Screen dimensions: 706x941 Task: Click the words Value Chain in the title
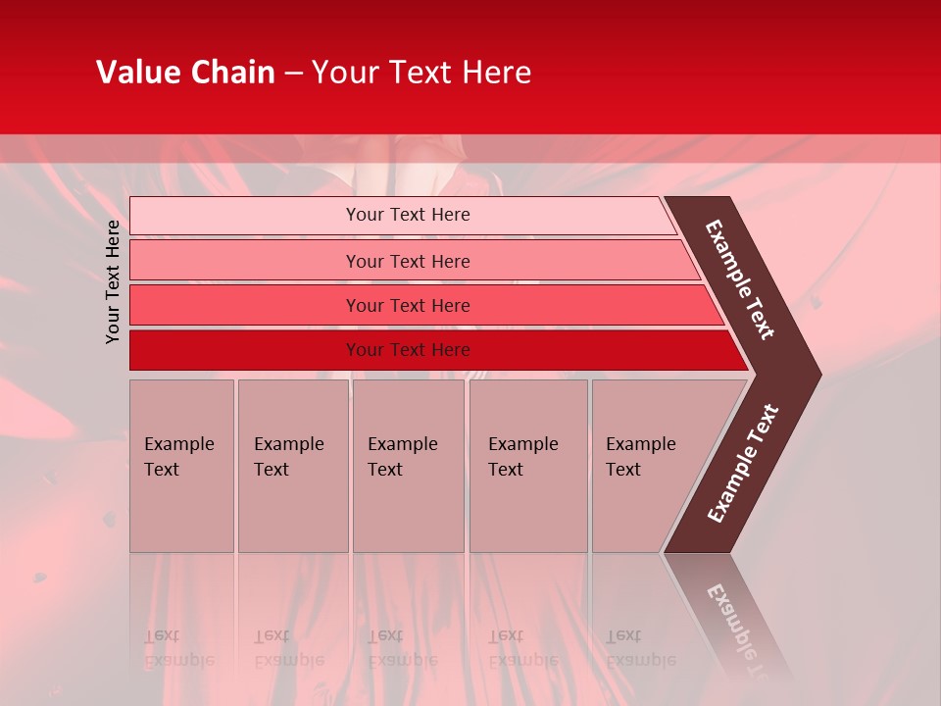[185, 73]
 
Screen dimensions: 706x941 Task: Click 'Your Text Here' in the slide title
[421, 73]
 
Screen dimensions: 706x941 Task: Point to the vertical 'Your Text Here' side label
[113, 281]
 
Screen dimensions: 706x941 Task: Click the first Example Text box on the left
[181, 466]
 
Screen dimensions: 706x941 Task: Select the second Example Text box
[292, 466]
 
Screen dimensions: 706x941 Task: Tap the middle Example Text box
[408, 466]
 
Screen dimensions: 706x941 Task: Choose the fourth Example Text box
[527, 466]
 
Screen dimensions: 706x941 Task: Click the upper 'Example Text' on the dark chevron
[740, 279]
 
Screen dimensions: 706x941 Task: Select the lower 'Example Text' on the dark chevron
[743, 463]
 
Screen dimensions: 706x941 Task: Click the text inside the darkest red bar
[408, 350]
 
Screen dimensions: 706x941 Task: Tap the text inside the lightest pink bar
[408, 215]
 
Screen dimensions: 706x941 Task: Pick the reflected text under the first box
[178, 648]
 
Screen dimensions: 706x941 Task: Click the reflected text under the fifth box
[640, 648]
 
